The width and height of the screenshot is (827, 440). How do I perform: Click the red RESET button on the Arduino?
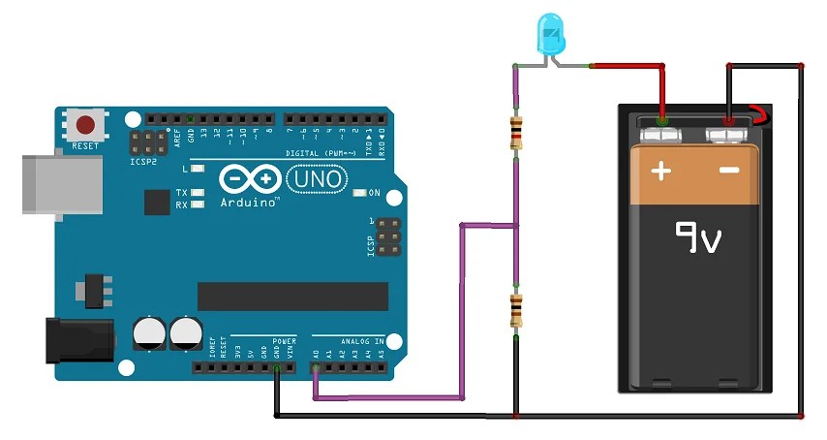click(86, 125)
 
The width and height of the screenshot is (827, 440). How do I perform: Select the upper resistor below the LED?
click(516, 131)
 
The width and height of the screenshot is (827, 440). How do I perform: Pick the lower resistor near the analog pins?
click(516, 310)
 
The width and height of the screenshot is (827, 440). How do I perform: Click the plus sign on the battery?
click(660, 172)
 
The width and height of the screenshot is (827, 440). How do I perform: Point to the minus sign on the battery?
click(728, 172)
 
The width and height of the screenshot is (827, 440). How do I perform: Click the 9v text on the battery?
click(698, 236)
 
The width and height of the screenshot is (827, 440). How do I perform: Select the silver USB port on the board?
click(62, 181)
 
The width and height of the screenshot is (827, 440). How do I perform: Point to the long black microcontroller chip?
click(292, 297)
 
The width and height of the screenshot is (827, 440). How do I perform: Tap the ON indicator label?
click(375, 193)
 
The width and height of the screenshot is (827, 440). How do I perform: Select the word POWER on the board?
click(284, 342)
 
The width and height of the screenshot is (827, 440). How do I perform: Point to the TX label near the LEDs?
click(181, 193)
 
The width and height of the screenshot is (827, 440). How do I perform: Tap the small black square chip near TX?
click(156, 202)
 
